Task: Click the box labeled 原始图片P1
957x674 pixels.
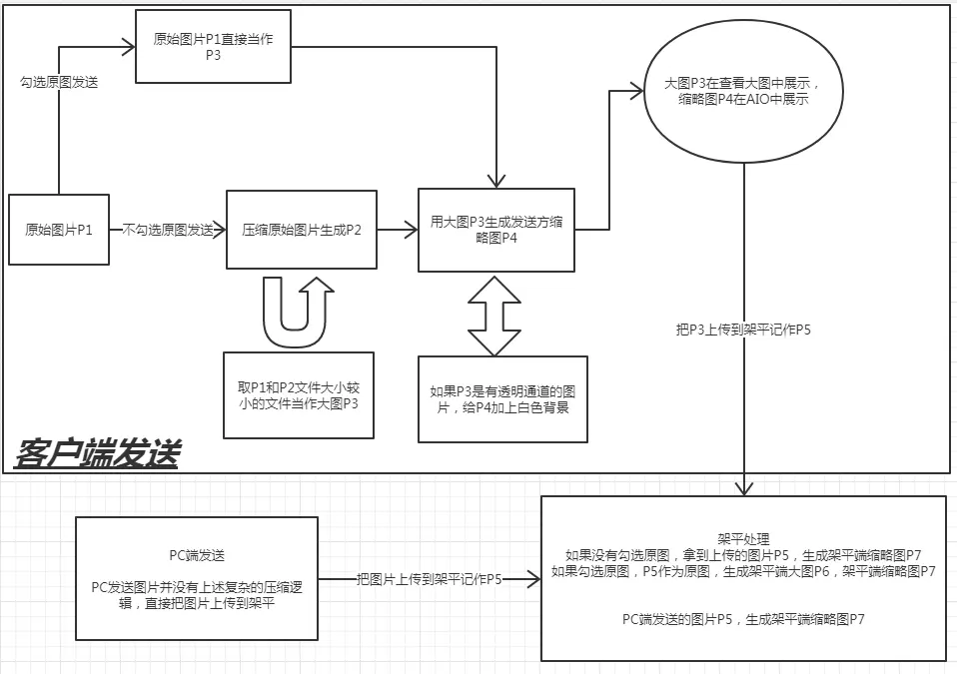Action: pyautogui.click(x=59, y=230)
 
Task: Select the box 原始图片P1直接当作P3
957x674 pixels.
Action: pyautogui.click(x=213, y=46)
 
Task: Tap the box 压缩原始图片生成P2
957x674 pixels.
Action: pyautogui.click(x=302, y=230)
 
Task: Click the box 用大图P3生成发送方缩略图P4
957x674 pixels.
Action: pyautogui.click(x=496, y=230)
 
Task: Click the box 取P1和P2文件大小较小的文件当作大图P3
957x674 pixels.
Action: pyautogui.click(x=299, y=394)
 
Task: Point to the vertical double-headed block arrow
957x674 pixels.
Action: pyautogui.click(x=496, y=314)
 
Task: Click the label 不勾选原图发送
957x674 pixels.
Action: pyautogui.click(x=168, y=231)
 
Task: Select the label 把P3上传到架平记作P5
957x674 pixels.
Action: pyautogui.click(x=743, y=329)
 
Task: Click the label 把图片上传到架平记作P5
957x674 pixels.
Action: pyautogui.click(x=430, y=578)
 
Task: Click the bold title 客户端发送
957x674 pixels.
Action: pyautogui.click(x=97, y=454)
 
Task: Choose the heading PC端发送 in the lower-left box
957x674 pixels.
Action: pyautogui.click(x=197, y=554)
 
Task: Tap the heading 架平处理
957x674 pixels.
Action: pyautogui.click(x=742, y=535)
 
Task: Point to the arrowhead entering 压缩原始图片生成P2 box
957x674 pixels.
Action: pyautogui.click(x=220, y=231)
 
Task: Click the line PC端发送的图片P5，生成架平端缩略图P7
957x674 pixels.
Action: pyautogui.click(x=742, y=620)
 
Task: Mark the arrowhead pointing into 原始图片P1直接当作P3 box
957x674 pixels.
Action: pyautogui.click(x=129, y=45)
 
